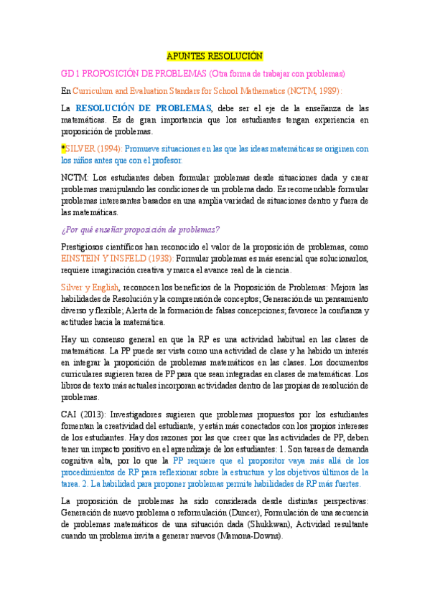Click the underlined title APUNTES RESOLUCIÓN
[x=215, y=55]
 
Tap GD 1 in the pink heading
[x=69, y=74]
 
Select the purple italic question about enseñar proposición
[x=141, y=229]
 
